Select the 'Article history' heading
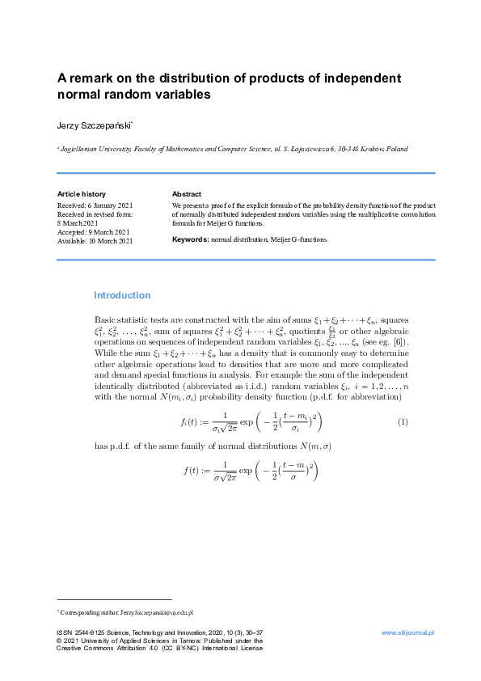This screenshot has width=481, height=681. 81,194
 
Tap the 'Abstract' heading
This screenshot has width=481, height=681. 187,194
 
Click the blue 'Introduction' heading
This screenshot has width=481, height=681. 122,295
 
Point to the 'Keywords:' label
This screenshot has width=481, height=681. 190,240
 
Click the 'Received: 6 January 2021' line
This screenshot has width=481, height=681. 95,205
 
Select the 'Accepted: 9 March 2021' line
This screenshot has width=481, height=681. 94,232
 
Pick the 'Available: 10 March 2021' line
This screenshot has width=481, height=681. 95,241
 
